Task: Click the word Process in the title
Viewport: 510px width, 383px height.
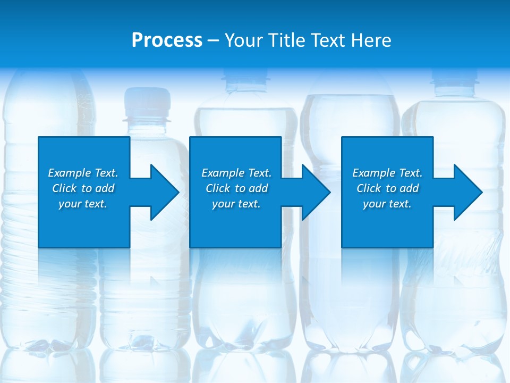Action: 167,40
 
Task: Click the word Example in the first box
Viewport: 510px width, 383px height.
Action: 70,173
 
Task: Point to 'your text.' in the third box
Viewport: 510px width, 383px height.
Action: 387,204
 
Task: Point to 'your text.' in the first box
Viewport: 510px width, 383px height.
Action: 82,204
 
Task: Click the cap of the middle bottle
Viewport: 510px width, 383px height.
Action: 245,80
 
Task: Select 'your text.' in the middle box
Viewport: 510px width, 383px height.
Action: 236,204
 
